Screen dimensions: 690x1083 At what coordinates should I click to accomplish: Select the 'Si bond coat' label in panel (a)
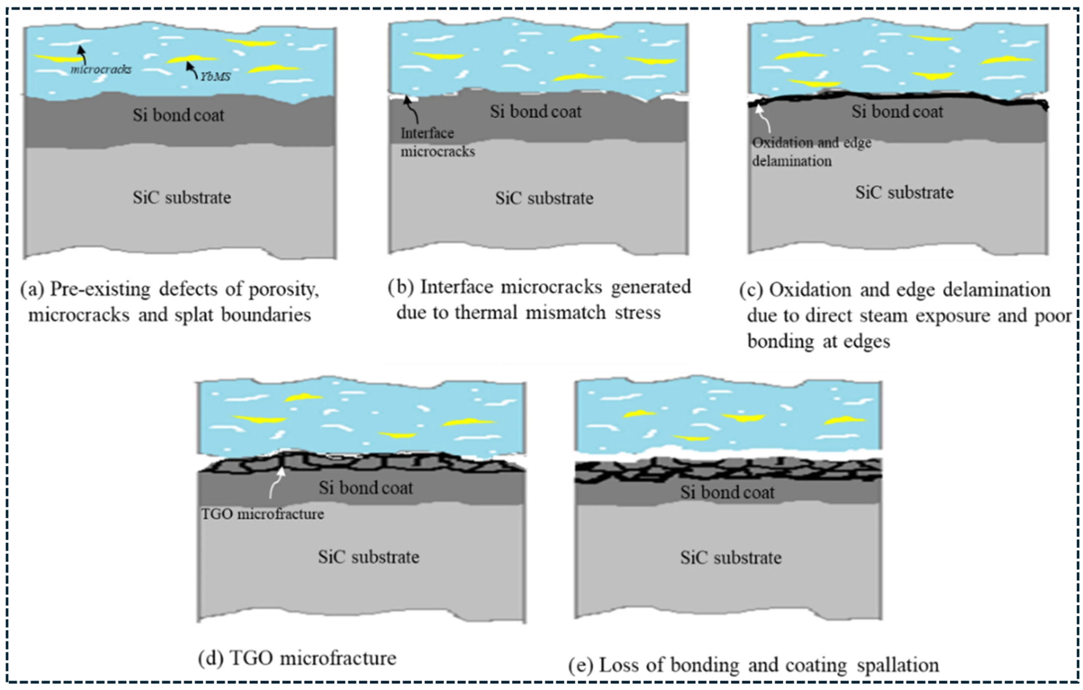pos(178,115)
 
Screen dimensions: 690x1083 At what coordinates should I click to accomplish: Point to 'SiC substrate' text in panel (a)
pos(182,197)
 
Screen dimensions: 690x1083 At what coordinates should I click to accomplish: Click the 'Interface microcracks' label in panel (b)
pos(437,142)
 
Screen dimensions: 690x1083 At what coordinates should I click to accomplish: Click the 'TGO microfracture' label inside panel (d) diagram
pos(262,514)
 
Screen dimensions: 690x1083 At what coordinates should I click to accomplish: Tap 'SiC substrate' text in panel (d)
pos(368,557)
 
